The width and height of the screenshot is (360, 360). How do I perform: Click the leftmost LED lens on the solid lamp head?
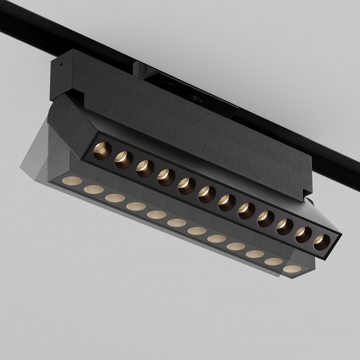pyautogui.click(x=101, y=149)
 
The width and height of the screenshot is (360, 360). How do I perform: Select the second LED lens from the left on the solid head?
pyautogui.click(x=122, y=158)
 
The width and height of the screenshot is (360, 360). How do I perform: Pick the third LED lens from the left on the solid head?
pyautogui.click(x=143, y=167)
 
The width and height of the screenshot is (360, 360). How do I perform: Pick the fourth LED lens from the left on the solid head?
pyautogui.click(x=163, y=175)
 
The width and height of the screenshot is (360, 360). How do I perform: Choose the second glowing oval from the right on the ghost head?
pyautogui.click(x=272, y=261)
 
